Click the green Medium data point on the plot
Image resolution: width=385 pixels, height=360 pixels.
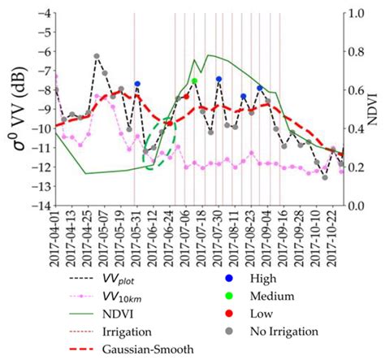pyautogui.click(x=194, y=81)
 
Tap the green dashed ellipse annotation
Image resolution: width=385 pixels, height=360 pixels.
pyautogui.click(x=160, y=144)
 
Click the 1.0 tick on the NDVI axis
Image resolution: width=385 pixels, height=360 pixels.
pyautogui.click(x=356, y=14)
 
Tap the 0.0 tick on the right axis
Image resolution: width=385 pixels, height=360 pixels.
pyautogui.click(x=356, y=206)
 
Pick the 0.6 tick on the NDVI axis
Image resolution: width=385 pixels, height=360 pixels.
pyautogui.click(x=356, y=90)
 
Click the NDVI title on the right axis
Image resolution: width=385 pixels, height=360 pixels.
pyautogui.click(x=375, y=110)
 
